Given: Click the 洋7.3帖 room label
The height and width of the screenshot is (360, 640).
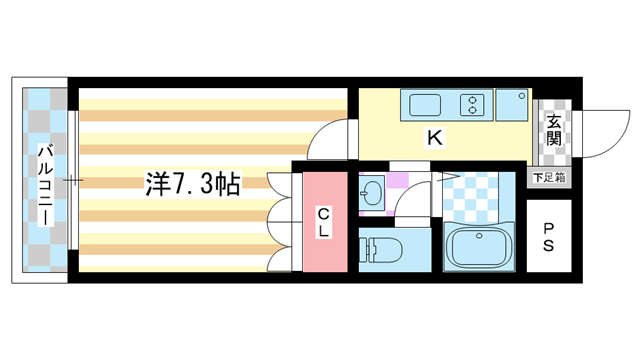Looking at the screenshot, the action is pyautogui.click(x=192, y=183).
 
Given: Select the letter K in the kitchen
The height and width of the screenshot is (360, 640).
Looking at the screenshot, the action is pyautogui.click(x=435, y=139).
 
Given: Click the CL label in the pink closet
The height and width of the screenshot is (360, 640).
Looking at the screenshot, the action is pyautogui.click(x=325, y=221).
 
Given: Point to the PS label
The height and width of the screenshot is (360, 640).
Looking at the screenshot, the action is pyautogui.click(x=549, y=236).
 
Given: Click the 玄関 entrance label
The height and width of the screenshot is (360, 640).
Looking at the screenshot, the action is pyautogui.click(x=553, y=128).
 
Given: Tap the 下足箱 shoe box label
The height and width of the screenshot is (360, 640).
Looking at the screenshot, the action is pyautogui.click(x=549, y=178).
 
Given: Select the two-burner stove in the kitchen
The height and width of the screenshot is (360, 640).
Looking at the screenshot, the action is pyautogui.click(x=471, y=103).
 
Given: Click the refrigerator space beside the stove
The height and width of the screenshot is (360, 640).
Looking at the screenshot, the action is pyautogui.click(x=514, y=103).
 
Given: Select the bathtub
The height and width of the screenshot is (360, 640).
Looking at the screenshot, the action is pyautogui.click(x=478, y=247).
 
